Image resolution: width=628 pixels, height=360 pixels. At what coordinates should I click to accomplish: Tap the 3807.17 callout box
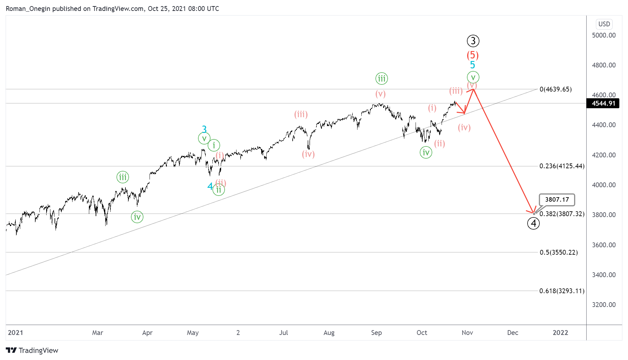[557, 199]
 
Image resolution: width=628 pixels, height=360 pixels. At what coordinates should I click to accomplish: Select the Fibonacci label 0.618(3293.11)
[562, 291]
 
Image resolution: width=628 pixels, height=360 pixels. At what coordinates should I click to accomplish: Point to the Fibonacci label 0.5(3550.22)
[559, 252]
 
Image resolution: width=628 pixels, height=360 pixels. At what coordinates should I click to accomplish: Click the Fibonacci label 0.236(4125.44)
[562, 166]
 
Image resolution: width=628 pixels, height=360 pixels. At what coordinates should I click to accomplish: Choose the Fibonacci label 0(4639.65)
[555, 89]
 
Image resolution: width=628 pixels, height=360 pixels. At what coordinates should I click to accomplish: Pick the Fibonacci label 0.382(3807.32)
[562, 214]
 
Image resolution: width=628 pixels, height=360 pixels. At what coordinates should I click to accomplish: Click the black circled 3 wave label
[473, 41]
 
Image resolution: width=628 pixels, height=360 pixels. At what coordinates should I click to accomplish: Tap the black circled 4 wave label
[533, 223]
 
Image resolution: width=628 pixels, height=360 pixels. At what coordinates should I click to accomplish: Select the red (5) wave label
[473, 55]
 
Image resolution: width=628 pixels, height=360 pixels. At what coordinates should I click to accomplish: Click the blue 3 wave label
[204, 129]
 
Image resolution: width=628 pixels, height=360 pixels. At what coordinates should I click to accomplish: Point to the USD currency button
[604, 24]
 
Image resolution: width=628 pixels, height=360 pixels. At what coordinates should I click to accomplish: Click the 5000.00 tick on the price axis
[604, 35]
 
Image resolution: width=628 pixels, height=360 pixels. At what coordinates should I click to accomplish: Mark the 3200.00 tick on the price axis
[604, 305]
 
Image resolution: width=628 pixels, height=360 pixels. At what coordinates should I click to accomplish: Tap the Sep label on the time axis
[376, 333]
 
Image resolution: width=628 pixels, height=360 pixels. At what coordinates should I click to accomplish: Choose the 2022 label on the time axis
[560, 333]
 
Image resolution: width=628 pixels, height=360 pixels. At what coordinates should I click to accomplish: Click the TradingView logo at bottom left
[32, 350]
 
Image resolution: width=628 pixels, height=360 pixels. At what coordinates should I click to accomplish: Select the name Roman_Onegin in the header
[28, 9]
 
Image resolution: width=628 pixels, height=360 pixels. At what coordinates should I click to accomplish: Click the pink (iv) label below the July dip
[308, 154]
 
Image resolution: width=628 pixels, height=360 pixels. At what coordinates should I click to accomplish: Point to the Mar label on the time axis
[98, 333]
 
